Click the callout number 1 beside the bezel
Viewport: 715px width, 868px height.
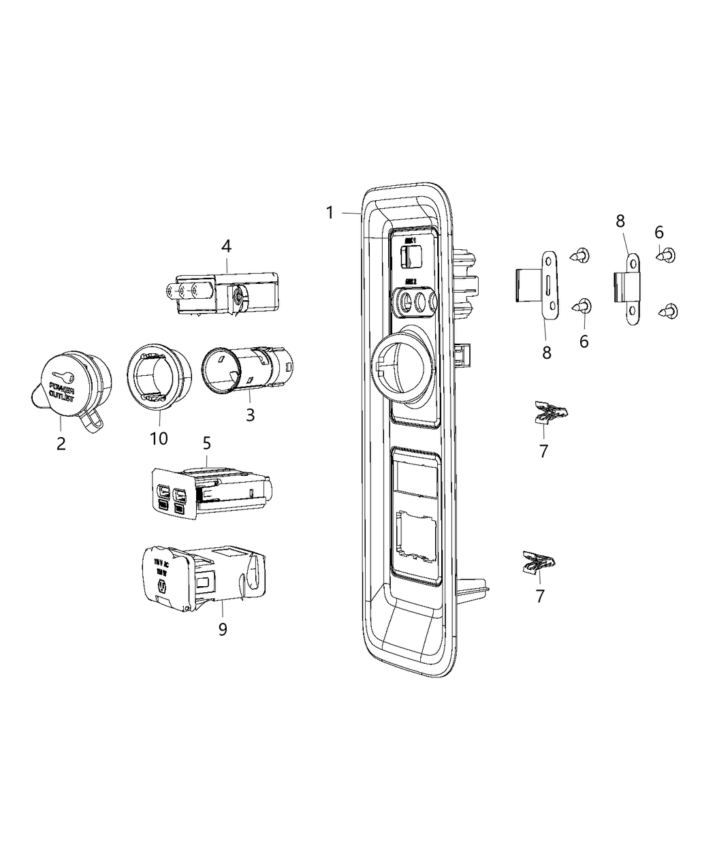(330, 213)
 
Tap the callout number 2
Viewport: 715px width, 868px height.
(61, 444)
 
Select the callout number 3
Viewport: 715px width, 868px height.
(250, 414)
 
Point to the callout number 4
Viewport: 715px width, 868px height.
(226, 246)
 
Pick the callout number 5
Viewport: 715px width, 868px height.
(207, 443)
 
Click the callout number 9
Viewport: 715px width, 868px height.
(223, 630)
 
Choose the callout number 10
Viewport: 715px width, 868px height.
(159, 438)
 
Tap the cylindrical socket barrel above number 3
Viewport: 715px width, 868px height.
(247, 370)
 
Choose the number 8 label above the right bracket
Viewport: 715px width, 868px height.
(620, 221)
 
